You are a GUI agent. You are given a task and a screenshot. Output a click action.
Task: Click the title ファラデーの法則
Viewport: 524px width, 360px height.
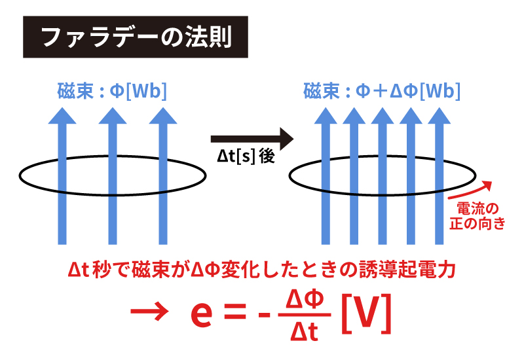(x=136, y=37)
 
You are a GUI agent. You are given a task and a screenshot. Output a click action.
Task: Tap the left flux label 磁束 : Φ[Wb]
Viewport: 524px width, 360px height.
(x=112, y=90)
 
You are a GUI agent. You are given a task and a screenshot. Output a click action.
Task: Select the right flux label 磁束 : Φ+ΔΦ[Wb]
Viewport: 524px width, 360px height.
(x=382, y=90)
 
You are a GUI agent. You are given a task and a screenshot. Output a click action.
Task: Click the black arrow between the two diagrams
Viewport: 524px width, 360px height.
(x=252, y=139)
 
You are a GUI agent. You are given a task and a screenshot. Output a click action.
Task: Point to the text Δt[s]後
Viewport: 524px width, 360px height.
(x=246, y=156)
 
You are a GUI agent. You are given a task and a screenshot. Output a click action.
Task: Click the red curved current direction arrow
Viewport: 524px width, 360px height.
(x=470, y=190)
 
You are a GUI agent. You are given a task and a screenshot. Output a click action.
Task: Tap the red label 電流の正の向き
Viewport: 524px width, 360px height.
(x=477, y=216)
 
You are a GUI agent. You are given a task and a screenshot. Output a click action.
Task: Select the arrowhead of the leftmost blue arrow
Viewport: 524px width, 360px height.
(x=62, y=116)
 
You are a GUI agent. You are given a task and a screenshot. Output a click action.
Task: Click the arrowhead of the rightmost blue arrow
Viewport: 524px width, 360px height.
(x=439, y=116)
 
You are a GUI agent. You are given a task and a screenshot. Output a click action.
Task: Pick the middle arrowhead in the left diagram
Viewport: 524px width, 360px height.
(x=113, y=116)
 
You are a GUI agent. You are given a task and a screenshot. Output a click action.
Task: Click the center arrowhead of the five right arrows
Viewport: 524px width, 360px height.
(x=383, y=116)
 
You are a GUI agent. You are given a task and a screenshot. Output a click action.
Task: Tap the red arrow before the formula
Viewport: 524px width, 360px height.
(x=149, y=312)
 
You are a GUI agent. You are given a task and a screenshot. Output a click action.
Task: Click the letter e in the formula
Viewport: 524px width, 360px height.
(x=201, y=315)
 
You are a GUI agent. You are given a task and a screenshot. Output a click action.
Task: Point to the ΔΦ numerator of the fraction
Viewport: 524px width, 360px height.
(x=305, y=299)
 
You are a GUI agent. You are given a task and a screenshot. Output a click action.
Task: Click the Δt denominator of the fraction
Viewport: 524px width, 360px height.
(x=304, y=331)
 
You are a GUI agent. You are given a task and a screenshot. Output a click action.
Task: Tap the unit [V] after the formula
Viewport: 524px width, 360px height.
(x=366, y=314)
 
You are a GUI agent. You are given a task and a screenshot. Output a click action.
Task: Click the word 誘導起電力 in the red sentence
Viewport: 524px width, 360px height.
(x=407, y=270)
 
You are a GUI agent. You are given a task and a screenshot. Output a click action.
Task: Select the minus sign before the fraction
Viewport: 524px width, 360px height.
(x=264, y=315)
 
